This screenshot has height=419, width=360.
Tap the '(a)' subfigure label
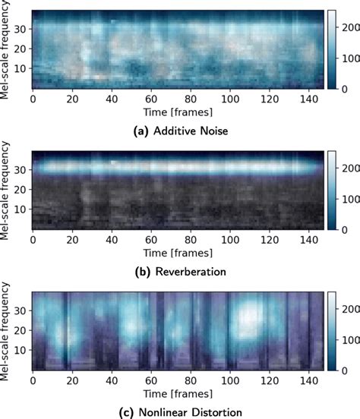(x=141, y=131)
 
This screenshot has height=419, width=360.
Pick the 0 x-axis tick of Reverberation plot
(x=33, y=241)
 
